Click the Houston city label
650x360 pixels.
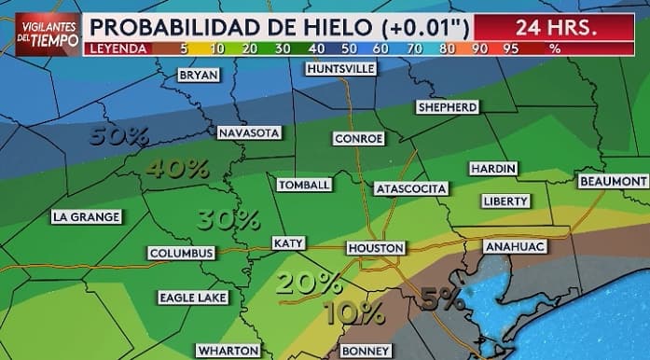coord(376,248)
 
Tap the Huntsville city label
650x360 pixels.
coord(340,69)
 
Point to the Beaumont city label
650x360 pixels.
coord(613,180)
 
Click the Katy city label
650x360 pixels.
coord(288,243)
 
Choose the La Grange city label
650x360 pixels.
coord(86,217)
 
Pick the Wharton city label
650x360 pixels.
coord(227,351)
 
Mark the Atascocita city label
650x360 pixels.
coord(410,188)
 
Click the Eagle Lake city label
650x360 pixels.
coord(192,298)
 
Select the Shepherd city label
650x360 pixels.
coord(448,107)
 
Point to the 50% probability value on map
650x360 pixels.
coord(120,136)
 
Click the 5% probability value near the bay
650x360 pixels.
coord(442,299)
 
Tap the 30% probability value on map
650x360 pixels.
coord(228,219)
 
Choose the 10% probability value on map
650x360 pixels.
coord(354,312)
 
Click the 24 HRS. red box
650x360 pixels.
coord(555,26)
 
